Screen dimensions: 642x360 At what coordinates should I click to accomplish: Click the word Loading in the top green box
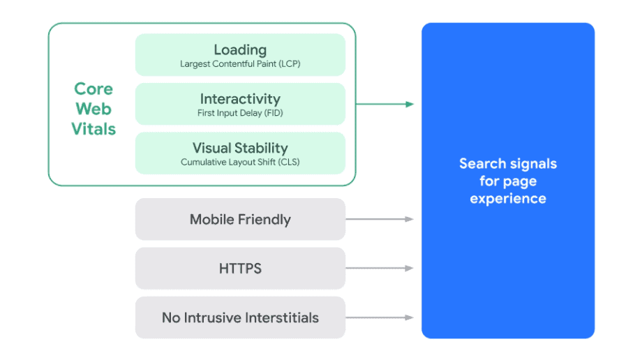pyautogui.click(x=240, y=50)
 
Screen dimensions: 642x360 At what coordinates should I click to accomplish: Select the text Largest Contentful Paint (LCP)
pyautogui.click(x=240, y=64)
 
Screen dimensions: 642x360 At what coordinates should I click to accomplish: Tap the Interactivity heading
pyautogui.click(x=240, y=98)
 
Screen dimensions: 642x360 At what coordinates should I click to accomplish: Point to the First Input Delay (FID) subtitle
pyautogui.click(x=240, y=113)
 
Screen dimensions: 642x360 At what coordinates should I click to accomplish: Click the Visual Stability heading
pyautogui.click(x=240, y=149)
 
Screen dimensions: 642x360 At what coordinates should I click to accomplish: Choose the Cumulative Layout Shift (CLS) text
pyautogui.click(x=240, y=162)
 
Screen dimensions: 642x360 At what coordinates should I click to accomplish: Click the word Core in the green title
pyautogui.click(x=94, y=89)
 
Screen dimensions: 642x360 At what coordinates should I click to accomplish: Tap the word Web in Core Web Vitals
pyautogui.click(x=94, y=109)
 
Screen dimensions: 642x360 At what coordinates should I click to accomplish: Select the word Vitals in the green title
pyautogui.click(x=94, y=129)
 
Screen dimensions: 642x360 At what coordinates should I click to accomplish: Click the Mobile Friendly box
pyautogui.click(x=240, y=219)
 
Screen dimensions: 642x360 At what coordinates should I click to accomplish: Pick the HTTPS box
pyautogui.click(x=240, y=269)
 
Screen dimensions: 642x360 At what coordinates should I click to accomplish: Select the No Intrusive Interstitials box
pyautogui.click(x=240, y=317)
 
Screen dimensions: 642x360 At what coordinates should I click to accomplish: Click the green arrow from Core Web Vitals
pyautogui.click(x=385, y=104)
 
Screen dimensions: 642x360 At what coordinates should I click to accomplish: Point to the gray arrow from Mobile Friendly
pyautogui.click(x=380, y=219)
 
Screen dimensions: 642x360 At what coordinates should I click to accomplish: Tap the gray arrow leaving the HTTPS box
pyautogui.click(x=380, y=269)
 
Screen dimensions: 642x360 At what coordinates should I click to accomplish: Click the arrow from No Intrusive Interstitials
pyautogui.click(x=380, y=317)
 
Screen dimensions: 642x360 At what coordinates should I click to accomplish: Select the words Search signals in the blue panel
pyautogui.click(x=508, y=164)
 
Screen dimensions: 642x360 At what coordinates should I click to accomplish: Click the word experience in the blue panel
pyautogui.click(x=508, y=199)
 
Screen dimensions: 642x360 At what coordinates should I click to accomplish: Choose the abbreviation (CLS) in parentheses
pyautogui.click(x=289, y=162)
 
